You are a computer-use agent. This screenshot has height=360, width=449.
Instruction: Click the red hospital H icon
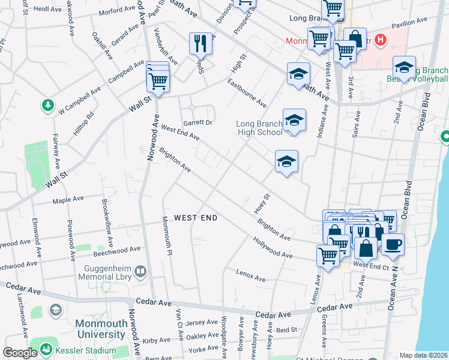379,40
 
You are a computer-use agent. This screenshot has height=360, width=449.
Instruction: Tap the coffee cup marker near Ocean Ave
393,244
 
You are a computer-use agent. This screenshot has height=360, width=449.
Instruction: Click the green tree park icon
48,106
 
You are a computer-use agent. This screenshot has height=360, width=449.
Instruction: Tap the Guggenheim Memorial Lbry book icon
140,272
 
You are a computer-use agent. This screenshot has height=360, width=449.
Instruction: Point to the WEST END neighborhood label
195,218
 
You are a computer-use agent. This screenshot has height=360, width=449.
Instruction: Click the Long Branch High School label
259,128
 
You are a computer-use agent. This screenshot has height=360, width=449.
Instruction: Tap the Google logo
19,353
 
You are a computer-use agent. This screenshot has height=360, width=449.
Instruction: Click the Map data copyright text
424,355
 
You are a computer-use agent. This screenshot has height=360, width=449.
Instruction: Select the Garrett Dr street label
197,122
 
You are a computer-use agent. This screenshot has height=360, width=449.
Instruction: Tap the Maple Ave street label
67,201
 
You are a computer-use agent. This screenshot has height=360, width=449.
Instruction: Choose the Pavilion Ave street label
409,23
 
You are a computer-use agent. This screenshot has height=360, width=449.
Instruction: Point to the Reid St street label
286,330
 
